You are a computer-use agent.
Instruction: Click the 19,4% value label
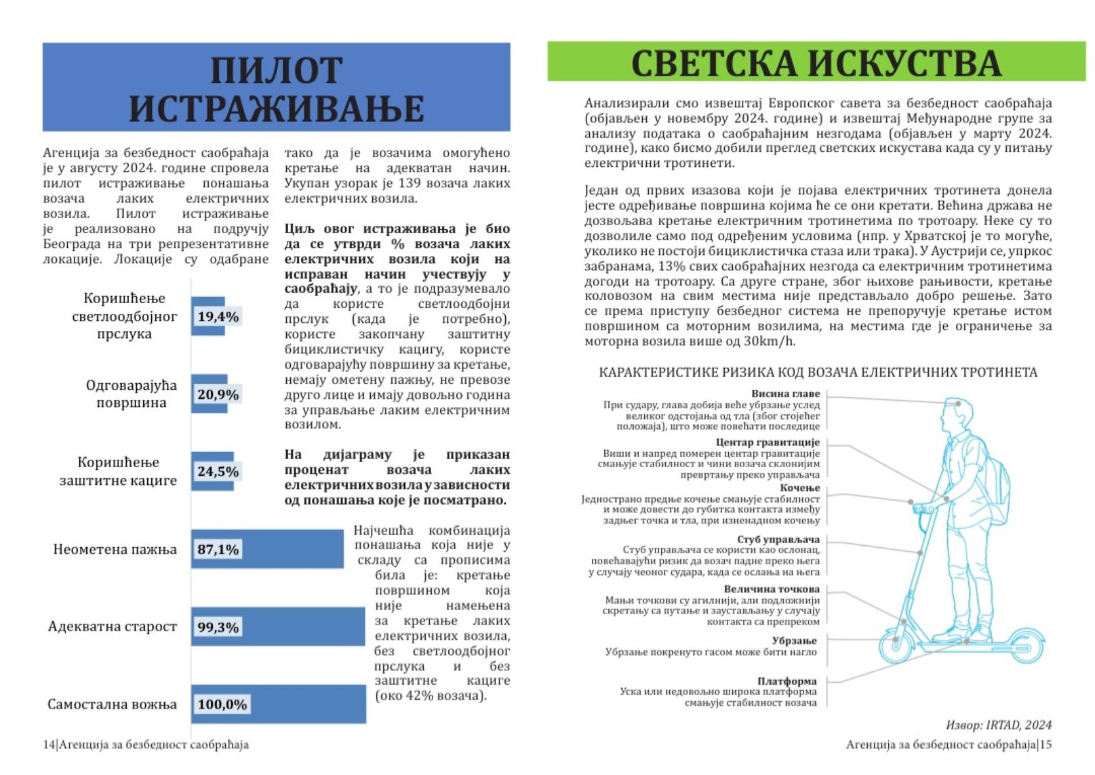tap(218, 317)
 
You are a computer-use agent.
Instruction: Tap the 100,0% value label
tap(222, 705)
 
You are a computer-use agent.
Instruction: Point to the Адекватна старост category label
tap(112, 627)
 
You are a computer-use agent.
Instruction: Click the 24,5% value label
tap(218, 472)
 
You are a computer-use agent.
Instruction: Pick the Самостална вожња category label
tap(112, 705)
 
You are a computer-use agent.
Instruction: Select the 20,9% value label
tap(218, 395)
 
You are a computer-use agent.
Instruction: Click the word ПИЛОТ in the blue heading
tap(276, 70)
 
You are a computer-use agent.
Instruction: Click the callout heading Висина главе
tap(785, 394)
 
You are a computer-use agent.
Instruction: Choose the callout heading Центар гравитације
tap(767, 443)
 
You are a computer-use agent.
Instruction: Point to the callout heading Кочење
tap(799, 488)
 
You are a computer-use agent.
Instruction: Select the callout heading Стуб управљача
tap(778, 540)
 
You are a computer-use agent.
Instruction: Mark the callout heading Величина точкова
tap(771, 589)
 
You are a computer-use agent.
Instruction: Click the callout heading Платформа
tap(787, 681)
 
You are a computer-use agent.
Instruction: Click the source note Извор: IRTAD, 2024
tap(999, 725)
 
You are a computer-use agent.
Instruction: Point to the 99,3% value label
tap(218, 627)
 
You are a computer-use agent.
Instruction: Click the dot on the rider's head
tap(958, 404)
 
